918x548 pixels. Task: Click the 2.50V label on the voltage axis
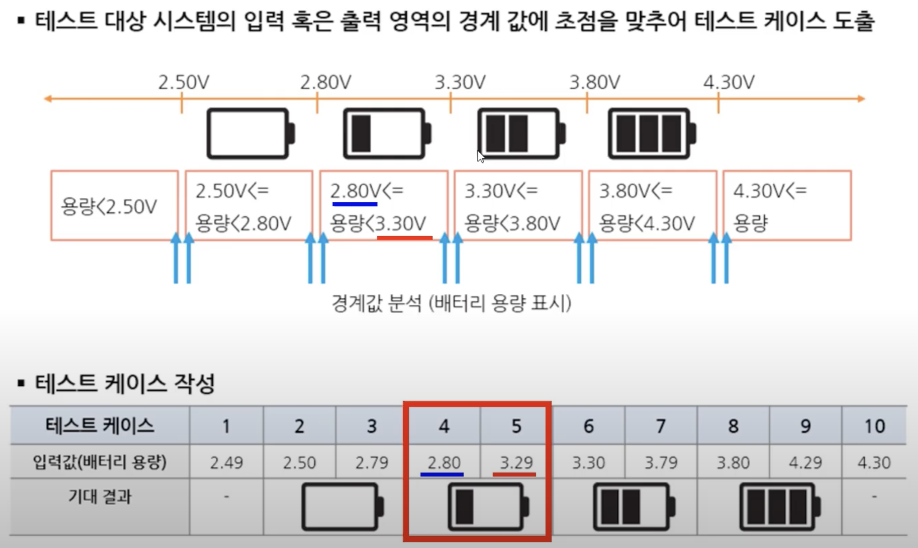184,82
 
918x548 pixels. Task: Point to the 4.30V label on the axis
729,82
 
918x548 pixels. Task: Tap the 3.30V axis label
460,82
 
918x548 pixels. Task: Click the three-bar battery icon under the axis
652,133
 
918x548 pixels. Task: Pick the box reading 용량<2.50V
114,205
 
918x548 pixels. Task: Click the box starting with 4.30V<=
787,205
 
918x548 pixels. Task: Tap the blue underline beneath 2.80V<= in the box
354,204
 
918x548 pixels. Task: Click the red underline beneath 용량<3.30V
404,237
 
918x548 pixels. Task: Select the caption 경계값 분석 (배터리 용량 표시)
451,303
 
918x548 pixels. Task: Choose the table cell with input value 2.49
226,462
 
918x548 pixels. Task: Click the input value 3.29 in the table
516,462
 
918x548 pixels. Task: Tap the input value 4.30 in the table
874,462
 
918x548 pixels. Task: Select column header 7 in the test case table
661,426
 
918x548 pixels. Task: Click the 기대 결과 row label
100,496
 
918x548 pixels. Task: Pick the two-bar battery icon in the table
633,507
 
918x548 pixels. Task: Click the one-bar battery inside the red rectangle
488,507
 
